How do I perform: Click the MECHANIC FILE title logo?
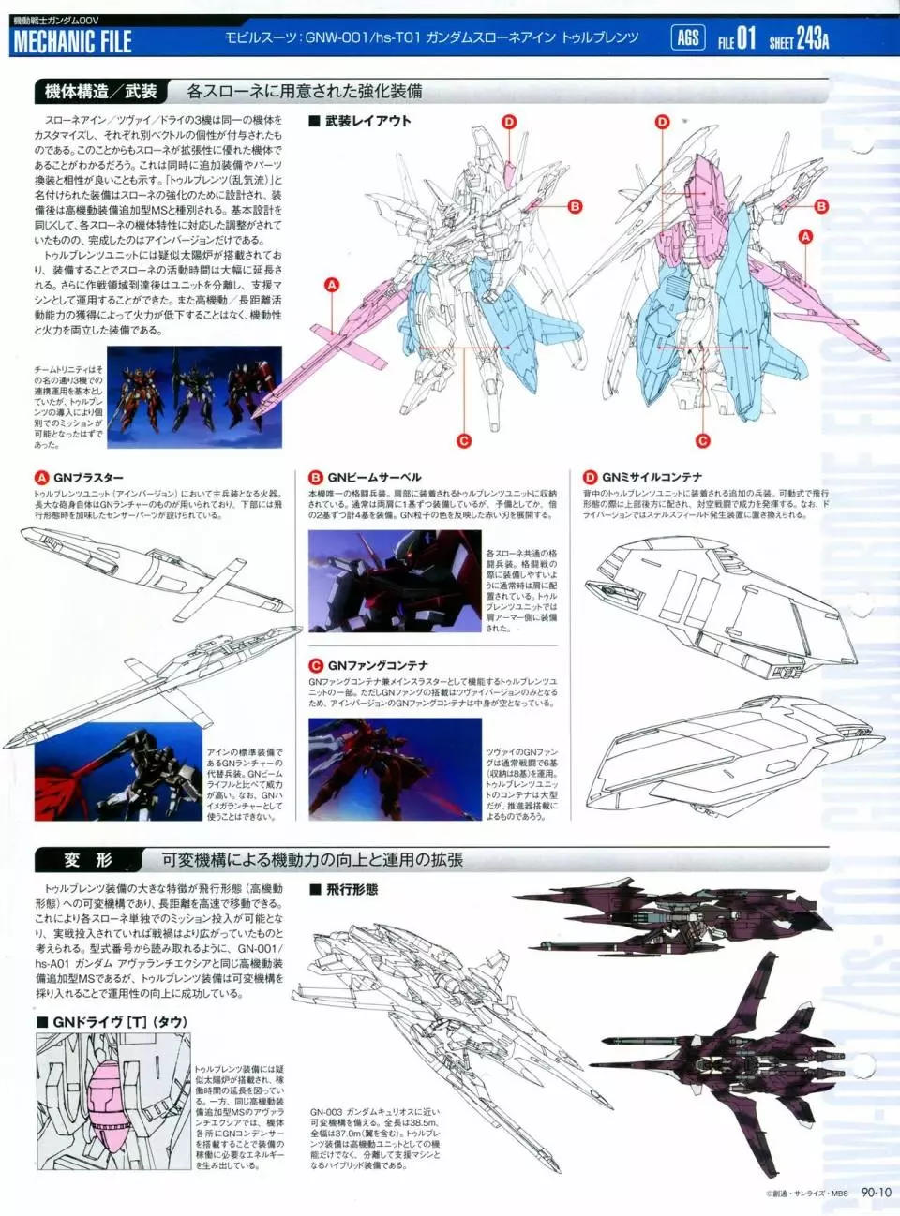click(x=72, y=42)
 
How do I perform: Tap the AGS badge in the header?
click(x=688, y=37)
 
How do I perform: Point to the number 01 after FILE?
click(x=745, y=38)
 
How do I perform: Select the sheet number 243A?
click(x=812, y=39)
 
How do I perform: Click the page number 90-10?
click(x=877, y=1192)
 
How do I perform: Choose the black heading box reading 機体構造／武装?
click(x=100, y=91)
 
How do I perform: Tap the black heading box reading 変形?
click(x=87, y=860)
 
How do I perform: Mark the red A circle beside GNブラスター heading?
click(x=41, y=478)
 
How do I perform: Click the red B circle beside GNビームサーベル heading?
click(x=316, y=478)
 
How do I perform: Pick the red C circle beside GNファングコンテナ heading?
click(x=316, y=665)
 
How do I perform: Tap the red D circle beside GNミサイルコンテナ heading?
click(x=590, y=478)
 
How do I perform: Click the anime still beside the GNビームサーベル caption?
click(x=395, y=581)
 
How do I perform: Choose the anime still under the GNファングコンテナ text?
click(x=395, y=769)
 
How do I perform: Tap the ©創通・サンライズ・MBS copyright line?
click(x=806, y=1194)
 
